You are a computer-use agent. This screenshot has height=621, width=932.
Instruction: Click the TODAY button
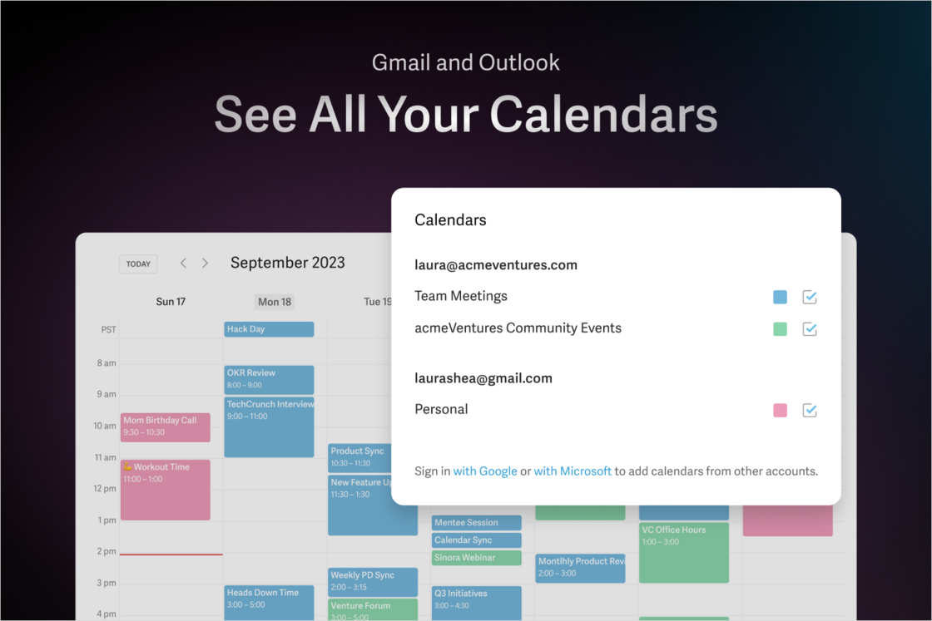(x=138, y=264)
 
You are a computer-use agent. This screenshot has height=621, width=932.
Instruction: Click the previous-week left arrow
(x=183, y=263)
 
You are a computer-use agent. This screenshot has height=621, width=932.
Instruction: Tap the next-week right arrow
(x=206, y=263)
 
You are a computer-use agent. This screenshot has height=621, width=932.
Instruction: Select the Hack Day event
(x=269, y=329)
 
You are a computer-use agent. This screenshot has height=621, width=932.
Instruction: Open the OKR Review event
(x=269, y=379)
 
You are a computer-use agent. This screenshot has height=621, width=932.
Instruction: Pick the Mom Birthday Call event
(x=165, y=426)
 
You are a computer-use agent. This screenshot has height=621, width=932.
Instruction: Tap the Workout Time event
(x=165, y=490)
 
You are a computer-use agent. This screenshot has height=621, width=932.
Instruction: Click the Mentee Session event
(x=476, y=523)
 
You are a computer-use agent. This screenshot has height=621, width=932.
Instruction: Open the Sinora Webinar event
(x=476, y=558)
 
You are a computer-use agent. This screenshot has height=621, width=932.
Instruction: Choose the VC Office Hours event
(x=683, y=552)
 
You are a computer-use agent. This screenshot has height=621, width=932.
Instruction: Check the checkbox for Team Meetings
(x=810, y=297)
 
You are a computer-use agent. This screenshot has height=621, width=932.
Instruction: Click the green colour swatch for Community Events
(x=780, y=329)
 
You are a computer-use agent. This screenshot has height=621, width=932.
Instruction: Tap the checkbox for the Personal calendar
(x=810, y=410)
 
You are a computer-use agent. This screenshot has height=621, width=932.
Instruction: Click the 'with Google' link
(x=485, y=471)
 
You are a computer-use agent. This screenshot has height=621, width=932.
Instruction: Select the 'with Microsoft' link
(x=573, y=471)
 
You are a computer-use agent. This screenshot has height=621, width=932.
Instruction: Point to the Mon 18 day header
(x=275, y=302)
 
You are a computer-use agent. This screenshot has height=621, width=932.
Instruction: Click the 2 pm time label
(x=106, y=551)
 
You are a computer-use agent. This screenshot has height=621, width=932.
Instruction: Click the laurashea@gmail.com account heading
(x=483, y=378)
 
